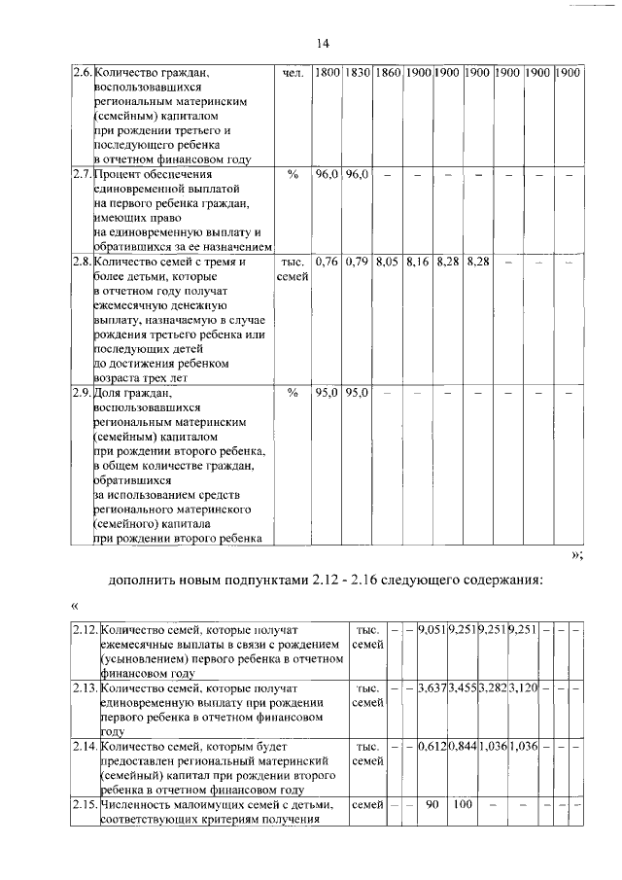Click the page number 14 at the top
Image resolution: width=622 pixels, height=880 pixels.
(324, 43)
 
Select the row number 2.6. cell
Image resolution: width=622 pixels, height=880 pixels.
(84, 72)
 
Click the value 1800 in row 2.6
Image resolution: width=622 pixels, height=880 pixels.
(328, 72)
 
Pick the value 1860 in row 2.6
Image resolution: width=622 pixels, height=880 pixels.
(388, 72)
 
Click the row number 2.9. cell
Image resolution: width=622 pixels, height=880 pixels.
(84, 393)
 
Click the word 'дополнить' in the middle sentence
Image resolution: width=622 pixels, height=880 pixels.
(145, 580)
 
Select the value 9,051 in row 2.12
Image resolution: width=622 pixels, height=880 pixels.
(432, 630)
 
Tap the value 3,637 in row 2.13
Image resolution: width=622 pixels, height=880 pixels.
(432, 688)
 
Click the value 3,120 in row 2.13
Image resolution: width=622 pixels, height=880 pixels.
(524, 688)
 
